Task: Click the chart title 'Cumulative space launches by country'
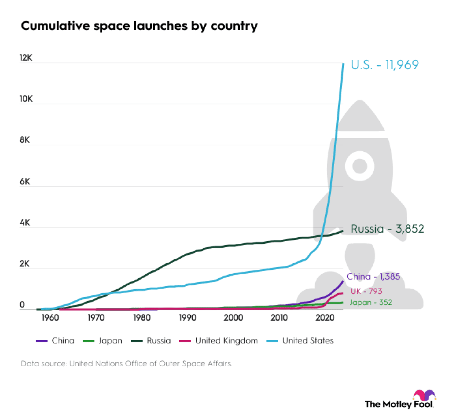click(x=139, y=26)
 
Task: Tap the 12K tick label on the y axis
click(x=26, y=58)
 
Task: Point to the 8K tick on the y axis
click(x=25, y=140)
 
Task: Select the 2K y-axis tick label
click(x=25, y=264)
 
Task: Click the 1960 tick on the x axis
click(x=50, y=318)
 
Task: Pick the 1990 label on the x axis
click(x=187, y=318)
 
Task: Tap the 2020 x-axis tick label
click(x=325, y=318)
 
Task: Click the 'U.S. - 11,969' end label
click(x=385, y=65)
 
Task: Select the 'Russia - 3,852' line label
click(x=387, y=229)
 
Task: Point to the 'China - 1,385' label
click(x=373, y=277)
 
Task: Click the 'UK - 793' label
click(x=366, y=291)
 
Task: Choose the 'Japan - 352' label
click(x=370, y=302)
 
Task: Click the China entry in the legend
click(x=56, y=341)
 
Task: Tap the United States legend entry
click(x=300, y=341)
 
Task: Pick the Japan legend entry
click(x=103, y=341)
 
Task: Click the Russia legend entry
click(x=151, y=341)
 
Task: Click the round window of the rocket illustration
click(x=360, y=166)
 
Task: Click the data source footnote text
click(x=126, y=364)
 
